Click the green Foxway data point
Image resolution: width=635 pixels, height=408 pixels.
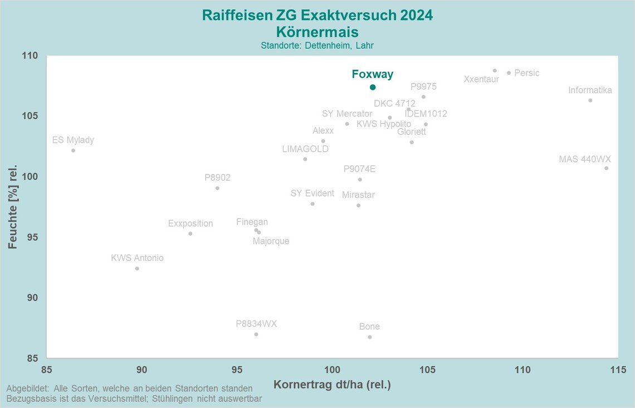tap(373, 87)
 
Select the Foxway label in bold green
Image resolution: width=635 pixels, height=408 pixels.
tap(372, 74)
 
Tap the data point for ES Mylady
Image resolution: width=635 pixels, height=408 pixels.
tap(73, 150)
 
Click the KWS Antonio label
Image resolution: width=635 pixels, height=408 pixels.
tap(137, 258)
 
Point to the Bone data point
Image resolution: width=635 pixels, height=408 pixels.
tap(369, 337)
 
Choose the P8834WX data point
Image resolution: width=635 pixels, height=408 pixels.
tap(256, 334)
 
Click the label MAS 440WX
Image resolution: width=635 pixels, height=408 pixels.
tap(585, 159)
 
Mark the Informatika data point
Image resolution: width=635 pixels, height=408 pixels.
tap(590, 100)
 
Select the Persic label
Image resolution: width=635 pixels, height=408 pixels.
tap(527, 73)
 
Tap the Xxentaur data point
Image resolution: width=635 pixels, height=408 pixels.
tap(495, 71)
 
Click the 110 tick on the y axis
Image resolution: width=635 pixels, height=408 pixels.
tap(31, 56)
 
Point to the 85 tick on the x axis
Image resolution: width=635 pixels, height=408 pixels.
tap(47, 370)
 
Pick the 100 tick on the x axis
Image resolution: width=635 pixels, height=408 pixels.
tap(332, 370)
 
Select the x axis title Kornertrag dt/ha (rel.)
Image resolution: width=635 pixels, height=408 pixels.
tap(332, 385)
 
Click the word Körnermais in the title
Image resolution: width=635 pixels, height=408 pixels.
tap(317, 31)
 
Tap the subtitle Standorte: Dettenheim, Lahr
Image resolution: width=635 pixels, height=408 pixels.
tap(317, 45)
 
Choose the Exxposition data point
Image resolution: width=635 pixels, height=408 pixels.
tap(190, 234)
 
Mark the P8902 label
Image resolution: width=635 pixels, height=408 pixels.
tap(217, 178)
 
